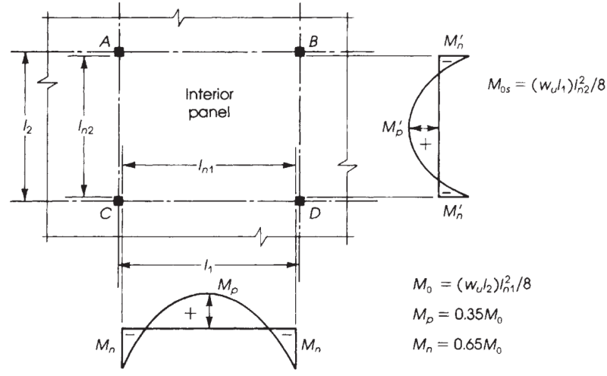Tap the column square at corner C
pyautogui.click(x=119, y=201)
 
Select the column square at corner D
pyautogui.click(x=300, y=201)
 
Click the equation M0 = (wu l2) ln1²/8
pyautogui.click(x=472, y=287)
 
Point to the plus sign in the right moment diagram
pyautogui.click(x=426, y=144)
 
